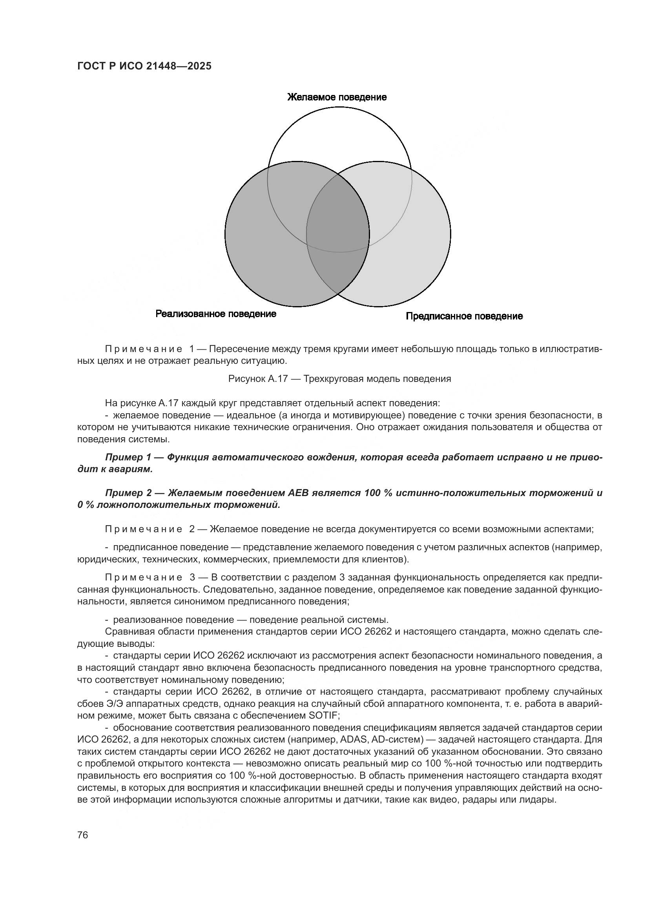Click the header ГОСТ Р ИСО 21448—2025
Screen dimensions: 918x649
click(x=144, y=66)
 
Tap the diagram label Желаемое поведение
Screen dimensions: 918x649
click(x=337, y=97)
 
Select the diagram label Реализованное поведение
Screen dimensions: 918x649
click(x=216, y=314)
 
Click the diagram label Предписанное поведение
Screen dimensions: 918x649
click(x=464, y=316)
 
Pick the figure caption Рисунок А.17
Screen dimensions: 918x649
click(x=258, y=379)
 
